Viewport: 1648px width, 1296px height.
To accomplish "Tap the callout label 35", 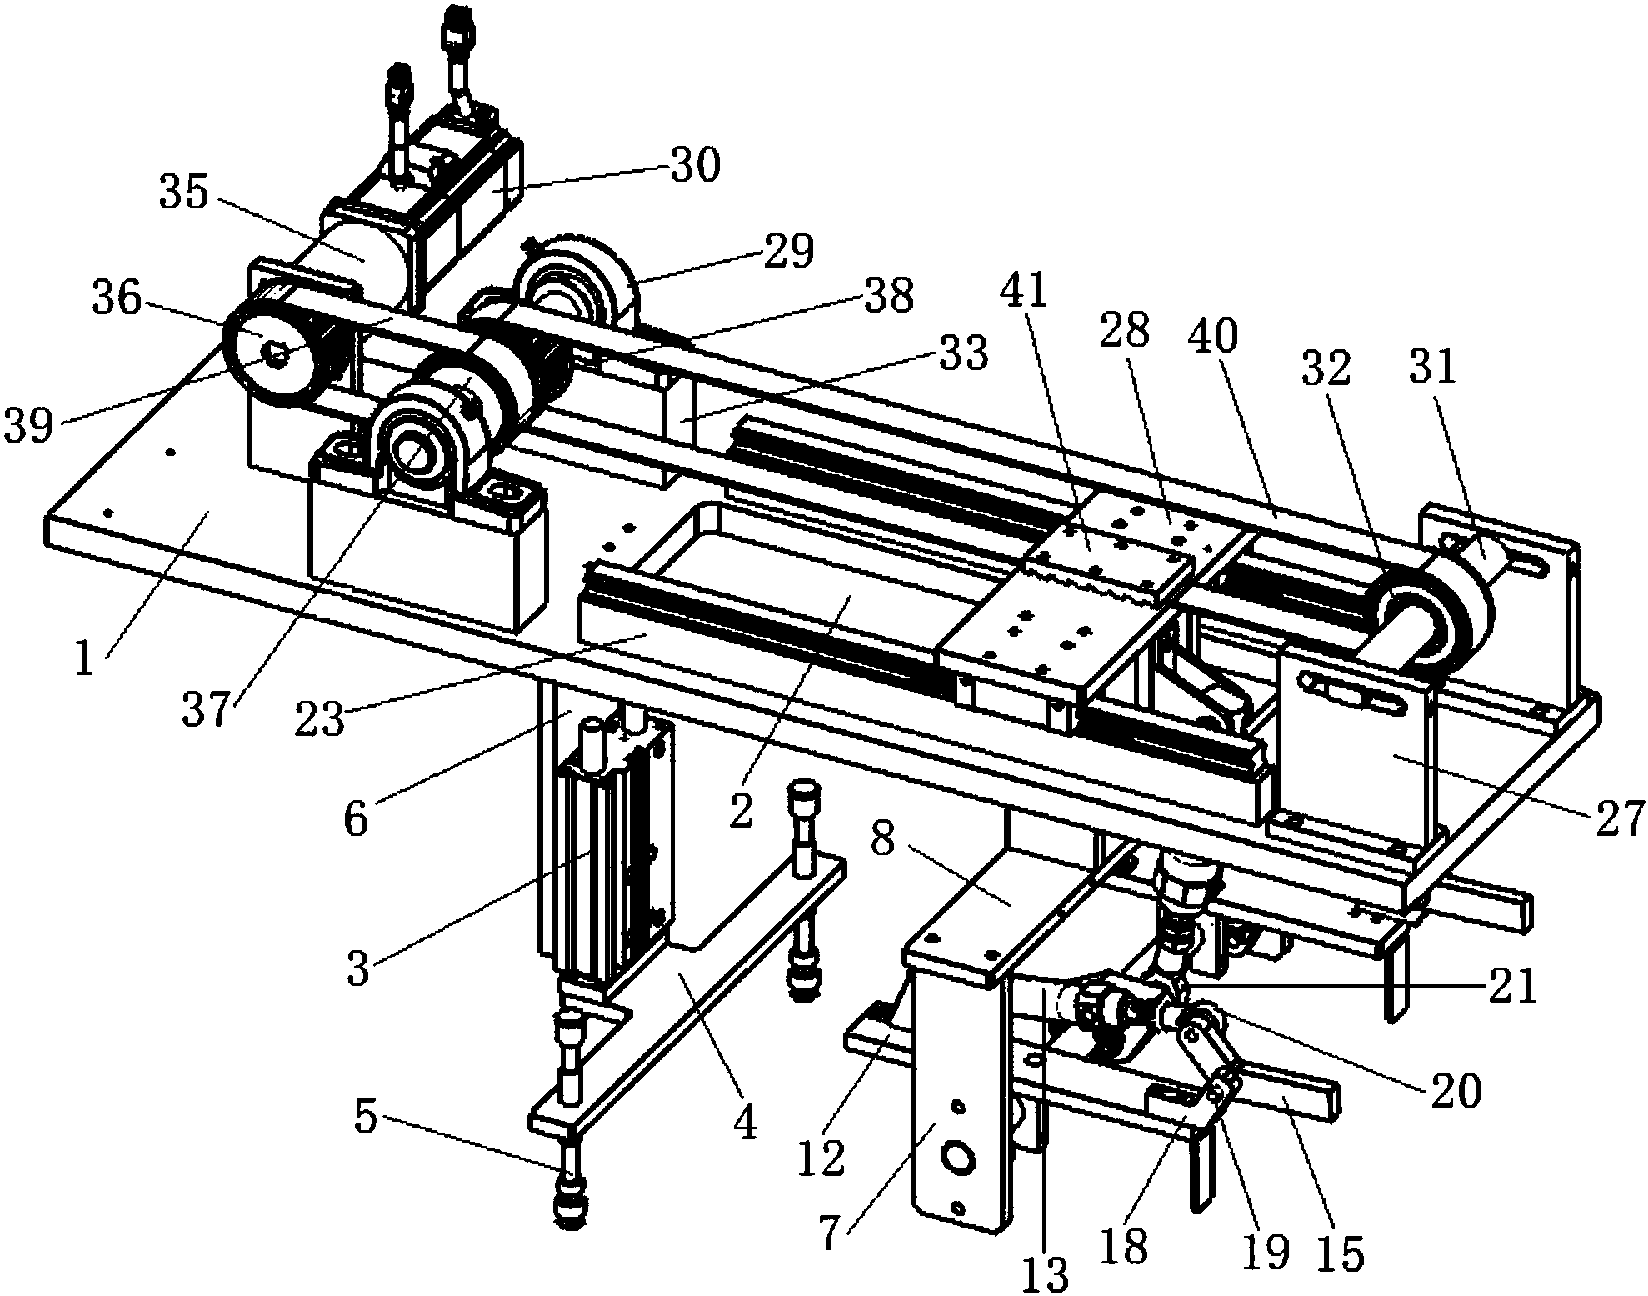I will (185, 193).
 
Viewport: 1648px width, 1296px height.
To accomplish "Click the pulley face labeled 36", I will (271, 354).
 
